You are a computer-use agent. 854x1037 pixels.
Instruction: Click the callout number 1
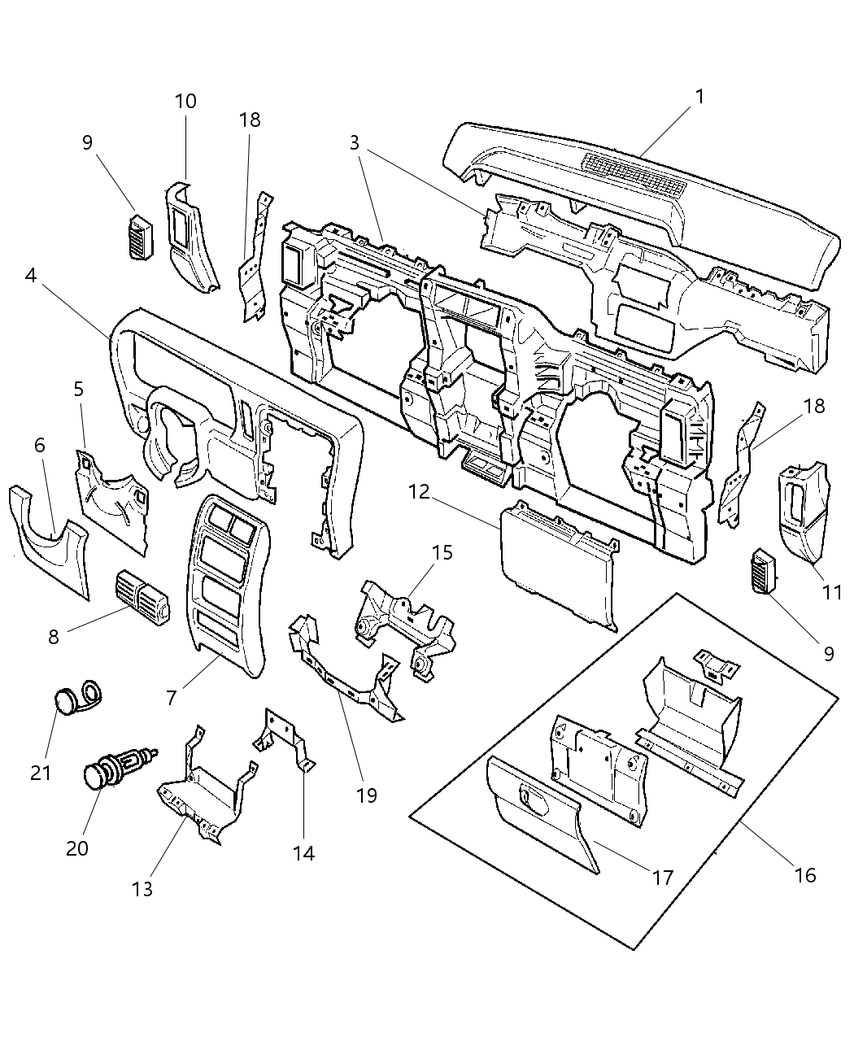coord(699,97)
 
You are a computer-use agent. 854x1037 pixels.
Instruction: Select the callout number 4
coord(30,276)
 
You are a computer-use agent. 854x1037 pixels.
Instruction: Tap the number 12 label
coord(418,492)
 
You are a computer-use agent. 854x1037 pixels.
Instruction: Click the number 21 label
coord(41,772)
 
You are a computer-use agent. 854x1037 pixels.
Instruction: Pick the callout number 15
coord(442,553)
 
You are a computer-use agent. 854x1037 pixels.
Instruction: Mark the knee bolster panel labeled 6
coord(49,545)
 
